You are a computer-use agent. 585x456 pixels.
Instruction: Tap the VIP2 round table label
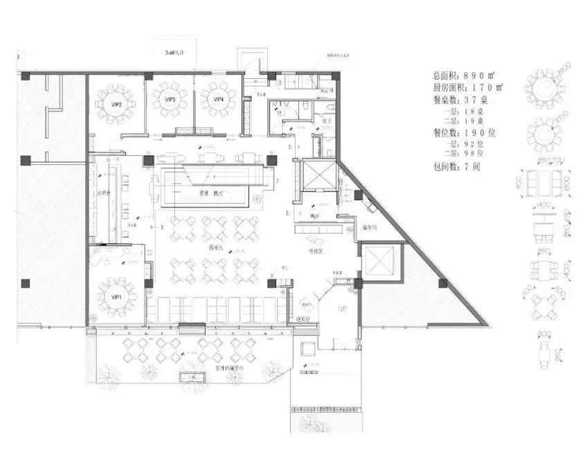pos(116,104)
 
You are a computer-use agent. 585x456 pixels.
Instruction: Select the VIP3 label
pos(170,100)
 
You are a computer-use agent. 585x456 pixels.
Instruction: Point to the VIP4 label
pos(218,100)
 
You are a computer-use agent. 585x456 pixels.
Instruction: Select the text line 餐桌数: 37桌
pos(460,99)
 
